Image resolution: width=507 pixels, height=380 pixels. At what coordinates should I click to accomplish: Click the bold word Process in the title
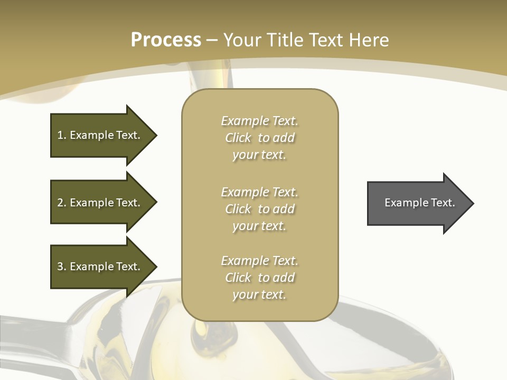point(166,40)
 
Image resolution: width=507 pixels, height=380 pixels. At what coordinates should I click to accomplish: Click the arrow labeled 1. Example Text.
point(100,135)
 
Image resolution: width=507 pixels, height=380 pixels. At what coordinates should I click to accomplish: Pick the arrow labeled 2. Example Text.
point(100,203)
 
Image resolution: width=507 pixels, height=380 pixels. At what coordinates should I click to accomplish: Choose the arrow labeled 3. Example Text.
point(100,267)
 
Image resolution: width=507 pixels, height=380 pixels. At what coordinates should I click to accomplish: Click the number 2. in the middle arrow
point(62,203)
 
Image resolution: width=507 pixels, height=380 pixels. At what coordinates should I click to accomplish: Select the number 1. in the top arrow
point(61,135)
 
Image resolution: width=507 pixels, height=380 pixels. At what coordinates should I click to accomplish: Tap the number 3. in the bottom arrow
point(62,267)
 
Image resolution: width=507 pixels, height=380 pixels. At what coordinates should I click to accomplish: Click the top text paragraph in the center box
point(259,138)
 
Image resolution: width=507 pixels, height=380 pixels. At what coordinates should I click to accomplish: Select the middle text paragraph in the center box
point(259,209)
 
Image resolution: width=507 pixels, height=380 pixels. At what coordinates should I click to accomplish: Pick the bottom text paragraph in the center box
point(259,278)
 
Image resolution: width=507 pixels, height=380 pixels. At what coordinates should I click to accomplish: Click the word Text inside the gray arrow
point(443,203)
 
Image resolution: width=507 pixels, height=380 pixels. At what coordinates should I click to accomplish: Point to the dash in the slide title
point(212,41)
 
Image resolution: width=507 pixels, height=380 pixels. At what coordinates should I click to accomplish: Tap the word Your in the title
point(241,40)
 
